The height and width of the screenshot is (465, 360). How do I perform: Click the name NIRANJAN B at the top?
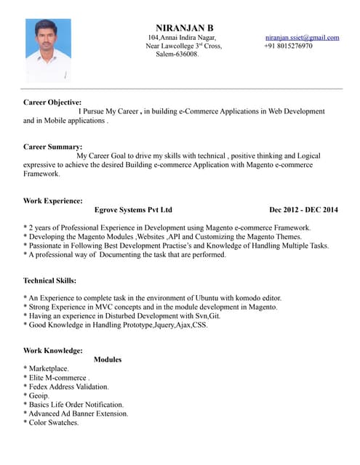point(185,27)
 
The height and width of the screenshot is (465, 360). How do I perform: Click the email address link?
point(302,37)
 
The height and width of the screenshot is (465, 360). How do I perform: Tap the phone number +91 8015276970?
point(288,46)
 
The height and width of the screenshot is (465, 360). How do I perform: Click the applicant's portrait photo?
point(48,49)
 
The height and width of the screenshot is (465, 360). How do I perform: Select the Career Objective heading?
point(52,102)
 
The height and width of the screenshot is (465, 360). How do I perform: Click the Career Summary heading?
point(52,147)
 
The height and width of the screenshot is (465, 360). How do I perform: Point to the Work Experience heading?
point(53,201)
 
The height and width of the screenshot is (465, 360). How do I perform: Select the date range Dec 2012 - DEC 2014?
point(303,210)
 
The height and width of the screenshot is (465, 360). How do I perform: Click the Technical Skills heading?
point(50,280)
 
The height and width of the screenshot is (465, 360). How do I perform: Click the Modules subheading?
point(108,360)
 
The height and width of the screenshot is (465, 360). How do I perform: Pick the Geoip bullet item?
point(37,395)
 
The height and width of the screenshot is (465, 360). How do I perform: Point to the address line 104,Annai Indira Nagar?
point(182,37)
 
